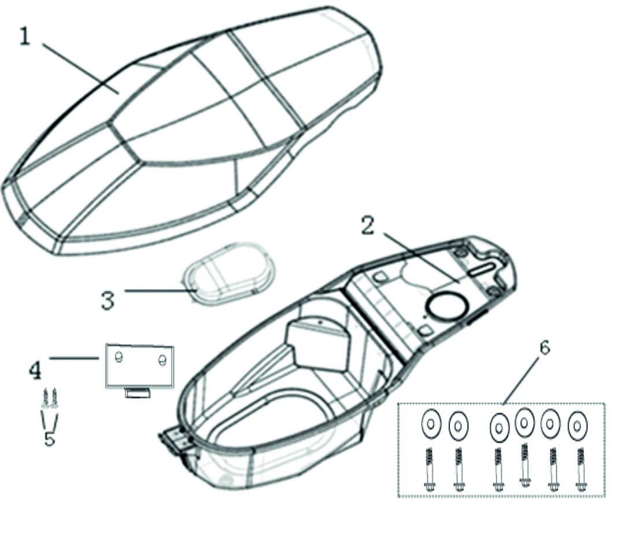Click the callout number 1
tap(25, 36)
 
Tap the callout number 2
tap(368, 226)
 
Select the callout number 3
tap(108, 300)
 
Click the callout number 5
tap(50, 439)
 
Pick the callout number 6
tap(545, 348)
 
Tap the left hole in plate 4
tap(118, 357)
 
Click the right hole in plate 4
tap(162, 360)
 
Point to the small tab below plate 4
tap(138, 393)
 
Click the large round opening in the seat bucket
tap(446, 306)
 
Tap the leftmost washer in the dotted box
tap(431, 423)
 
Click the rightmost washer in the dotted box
tap(578, 426)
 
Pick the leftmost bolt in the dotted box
tap(429, 470)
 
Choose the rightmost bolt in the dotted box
tap(581, 470)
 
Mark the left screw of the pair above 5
tap(46, 398)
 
